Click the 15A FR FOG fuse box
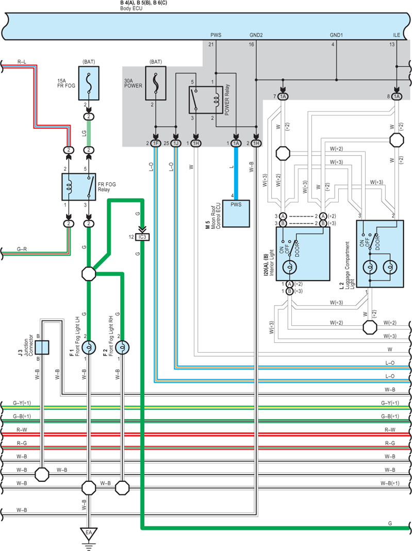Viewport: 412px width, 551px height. [89, 84]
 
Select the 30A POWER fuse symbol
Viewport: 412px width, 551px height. [156, 84]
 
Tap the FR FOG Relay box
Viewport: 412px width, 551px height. [79, 187]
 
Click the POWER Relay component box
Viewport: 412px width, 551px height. [206, 100]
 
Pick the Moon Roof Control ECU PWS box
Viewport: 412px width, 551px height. [236, 214]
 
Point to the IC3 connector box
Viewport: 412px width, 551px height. [142, 237]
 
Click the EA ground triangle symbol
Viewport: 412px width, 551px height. [89, 533]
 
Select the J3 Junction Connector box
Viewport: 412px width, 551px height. [42, 347]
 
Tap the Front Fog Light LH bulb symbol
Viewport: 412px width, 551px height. [89, 347]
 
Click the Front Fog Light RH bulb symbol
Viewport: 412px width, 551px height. [122, 347]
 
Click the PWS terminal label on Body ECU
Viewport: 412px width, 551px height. [216, 35]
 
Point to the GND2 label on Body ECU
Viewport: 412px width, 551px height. [256, 35]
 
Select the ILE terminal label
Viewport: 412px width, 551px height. [397, 35]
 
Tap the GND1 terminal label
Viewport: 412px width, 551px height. [336, 35]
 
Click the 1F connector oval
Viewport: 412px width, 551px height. [156, 143]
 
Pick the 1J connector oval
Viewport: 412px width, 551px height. [176, 143]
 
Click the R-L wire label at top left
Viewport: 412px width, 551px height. [22, 62]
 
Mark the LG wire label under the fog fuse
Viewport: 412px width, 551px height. [84, 133]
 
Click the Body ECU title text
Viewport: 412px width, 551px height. [131, 8]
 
